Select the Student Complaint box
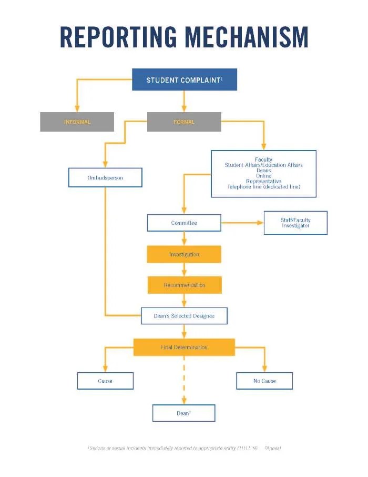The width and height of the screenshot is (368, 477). click(184, 79)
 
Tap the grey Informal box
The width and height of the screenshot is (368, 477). click(77, 122)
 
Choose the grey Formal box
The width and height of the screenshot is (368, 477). click(184, 122)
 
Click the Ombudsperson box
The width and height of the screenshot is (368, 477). click(105, 178)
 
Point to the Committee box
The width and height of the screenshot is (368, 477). click(184, 223)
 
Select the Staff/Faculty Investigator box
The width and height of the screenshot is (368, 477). click(295, 223)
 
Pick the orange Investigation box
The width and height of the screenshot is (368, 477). click(184, 254)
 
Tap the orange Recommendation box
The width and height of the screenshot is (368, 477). click(185, 285)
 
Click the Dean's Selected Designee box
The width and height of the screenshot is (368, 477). click(184, 316)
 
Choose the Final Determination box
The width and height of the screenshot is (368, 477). click(184, 347)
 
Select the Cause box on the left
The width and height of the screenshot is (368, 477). click(105, 381)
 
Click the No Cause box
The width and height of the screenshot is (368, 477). click(264, 381)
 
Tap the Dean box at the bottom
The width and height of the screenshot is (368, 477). click(184, 413)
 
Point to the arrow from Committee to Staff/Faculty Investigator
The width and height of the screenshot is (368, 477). click(242, 223)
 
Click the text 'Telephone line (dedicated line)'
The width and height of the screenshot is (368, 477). click(264, 187)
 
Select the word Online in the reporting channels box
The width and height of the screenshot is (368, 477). click(264, 176)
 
